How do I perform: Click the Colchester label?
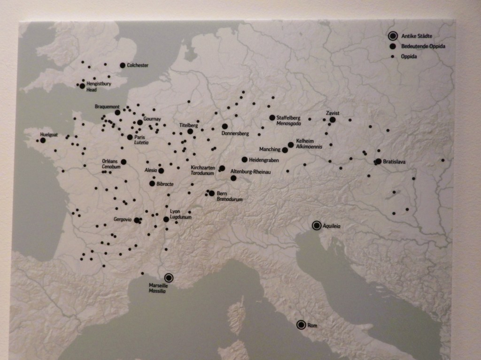138,65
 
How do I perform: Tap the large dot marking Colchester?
123,65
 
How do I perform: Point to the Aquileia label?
332,226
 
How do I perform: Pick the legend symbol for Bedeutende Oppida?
392,46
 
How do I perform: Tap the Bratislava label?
394,161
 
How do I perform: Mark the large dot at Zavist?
333,120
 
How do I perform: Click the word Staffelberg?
288,117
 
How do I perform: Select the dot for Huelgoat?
43,140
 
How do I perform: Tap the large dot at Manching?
285,150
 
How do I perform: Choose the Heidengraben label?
264,160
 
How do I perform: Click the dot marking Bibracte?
152,184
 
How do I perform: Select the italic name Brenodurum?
230,199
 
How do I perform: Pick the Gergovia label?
122,219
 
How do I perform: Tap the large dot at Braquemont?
117,113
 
